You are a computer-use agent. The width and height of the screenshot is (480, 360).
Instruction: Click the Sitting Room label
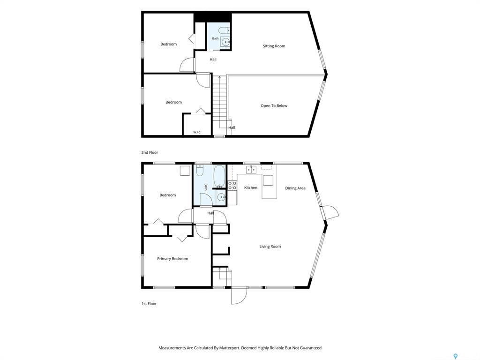click(x=274, y=46)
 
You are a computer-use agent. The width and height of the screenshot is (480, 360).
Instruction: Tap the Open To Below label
click(x=274, y=106)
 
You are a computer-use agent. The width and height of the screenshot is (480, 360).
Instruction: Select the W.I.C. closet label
click(x=197, y=132)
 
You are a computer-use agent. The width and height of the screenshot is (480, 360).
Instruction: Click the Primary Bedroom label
click(x=172, y=259)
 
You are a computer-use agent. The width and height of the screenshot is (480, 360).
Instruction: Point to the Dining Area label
click(x=295, y=188)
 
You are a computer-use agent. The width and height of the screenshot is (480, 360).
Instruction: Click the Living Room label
click(x=270, y=247)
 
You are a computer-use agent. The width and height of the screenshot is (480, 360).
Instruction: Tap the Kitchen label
click(x=251, y=187)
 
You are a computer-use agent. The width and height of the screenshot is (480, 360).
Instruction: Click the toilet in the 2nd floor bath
click(x=225, y=30)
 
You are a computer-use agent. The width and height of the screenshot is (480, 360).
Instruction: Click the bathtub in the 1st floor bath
click(x=219, y=176)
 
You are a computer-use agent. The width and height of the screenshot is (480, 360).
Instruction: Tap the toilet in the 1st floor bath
click(x=200, y=171)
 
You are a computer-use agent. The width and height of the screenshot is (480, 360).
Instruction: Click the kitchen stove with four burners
click(x=232, y=186)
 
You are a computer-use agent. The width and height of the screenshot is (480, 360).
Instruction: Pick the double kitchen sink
click(x=251, y=170)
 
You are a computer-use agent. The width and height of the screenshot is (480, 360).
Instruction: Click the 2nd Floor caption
click(x=150, y=152)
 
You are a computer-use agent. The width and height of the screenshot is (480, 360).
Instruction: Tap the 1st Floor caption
click(x=149, y=304)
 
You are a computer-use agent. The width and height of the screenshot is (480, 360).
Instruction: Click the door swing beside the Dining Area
click(x=330, y=212)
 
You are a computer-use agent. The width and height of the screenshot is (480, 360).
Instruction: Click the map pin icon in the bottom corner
click(x=456, y=356)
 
